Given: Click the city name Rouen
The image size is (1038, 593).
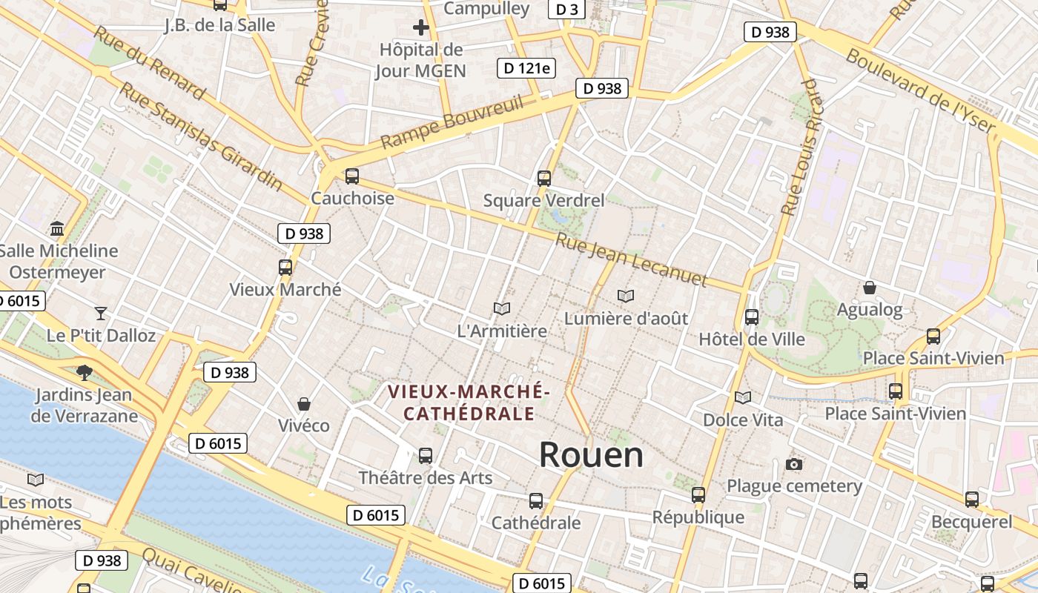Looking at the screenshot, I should pos(591,454).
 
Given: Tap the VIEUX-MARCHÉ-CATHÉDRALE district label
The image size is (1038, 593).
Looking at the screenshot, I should pos(469,402).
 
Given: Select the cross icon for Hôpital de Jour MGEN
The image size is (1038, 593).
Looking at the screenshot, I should pos(421,28).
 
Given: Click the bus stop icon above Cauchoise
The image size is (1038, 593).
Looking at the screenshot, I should pos(352,176).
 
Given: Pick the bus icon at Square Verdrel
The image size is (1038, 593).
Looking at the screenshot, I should pos(544,178).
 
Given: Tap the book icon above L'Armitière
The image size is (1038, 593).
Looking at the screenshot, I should pos(502,308).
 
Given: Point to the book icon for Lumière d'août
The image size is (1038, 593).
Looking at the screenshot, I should pos(626,296).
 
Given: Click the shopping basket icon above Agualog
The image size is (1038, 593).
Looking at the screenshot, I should pos(870,288).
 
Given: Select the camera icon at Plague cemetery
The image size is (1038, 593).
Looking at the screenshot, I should pos(794,464).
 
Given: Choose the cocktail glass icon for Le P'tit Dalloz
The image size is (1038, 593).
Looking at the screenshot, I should pos(101,313).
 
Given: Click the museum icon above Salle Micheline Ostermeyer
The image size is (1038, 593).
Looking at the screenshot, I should pos(57,228).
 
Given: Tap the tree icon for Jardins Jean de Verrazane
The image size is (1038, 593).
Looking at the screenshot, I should pos(85,372).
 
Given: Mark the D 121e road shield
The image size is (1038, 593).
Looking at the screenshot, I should pos(526,68).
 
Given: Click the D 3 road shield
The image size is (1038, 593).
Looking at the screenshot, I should pos(567,9).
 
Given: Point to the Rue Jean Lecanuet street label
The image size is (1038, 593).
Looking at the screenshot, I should pos(631,260).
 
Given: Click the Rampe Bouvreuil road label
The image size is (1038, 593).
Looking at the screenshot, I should pos(453,121).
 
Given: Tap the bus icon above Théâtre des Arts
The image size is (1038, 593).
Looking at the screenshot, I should pos(426,455).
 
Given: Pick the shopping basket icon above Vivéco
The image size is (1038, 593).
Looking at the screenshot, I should pos(304,404).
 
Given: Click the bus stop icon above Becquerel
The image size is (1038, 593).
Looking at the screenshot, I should pos(972,500).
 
